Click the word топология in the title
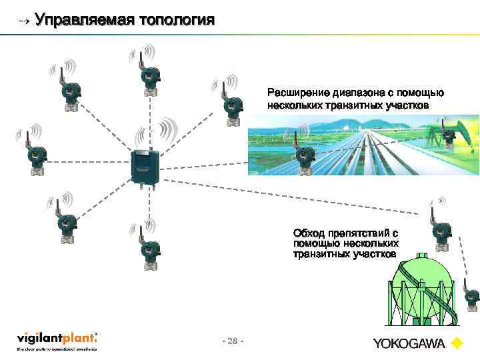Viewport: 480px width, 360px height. (177, 19)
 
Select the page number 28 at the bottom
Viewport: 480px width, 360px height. (232, 341)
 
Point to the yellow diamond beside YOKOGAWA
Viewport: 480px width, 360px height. (457, 344)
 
